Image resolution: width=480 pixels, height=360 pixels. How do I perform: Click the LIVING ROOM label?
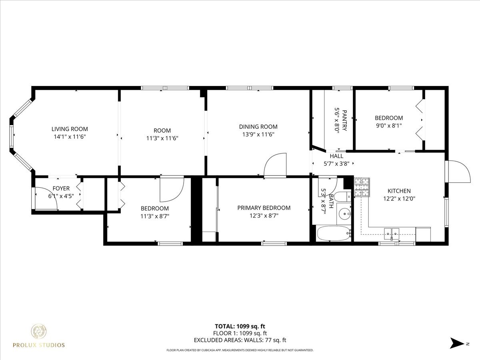pyautogui.click(x=70, y=129)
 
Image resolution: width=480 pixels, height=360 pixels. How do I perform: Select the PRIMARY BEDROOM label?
pyautogui.click(x=264, y=208)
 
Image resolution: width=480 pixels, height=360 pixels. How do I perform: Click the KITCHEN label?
pyautogui.click(x=399, y=191)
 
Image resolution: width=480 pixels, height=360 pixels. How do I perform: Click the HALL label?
pyautogui.click(x=336, y=156)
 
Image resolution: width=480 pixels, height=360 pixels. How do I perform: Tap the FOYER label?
pyautogui.click(x=61, y=188)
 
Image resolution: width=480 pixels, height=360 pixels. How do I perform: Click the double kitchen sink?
pyautogui.click(x=392, y=232)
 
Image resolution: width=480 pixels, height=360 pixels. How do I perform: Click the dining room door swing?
pyautogui.click(x=276, y=165)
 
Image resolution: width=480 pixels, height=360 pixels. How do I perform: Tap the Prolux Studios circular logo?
pyautogui.click(x=39, y=332)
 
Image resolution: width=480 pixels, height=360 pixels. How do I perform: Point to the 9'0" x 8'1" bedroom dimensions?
pyautogui.click(x=388, y=125)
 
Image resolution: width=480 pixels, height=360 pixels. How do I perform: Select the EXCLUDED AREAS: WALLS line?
pyautogui.click(x=240, y=340)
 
